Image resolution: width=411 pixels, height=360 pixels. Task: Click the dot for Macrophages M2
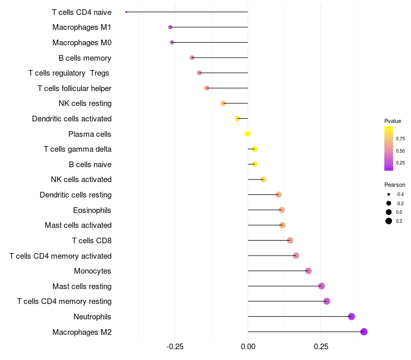point(364,332)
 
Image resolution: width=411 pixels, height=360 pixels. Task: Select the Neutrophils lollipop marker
point(351,316)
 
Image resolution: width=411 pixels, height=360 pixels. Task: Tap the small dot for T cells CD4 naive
point(126,12)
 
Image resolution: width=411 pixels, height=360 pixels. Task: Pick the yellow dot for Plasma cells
point(248,134)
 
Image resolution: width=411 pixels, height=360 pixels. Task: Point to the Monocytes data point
point(308,271)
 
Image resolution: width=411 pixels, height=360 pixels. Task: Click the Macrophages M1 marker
point(170,27)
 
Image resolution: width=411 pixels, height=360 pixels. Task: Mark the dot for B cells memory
point(192,58)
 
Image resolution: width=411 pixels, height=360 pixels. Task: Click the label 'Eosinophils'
point(92,210)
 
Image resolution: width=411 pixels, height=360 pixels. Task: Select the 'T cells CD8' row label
point(91,240)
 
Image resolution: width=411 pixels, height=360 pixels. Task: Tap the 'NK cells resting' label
point(85,103)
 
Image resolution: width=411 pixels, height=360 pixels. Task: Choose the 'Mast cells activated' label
point(78,225)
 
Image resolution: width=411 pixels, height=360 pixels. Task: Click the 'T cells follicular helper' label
point(74,88)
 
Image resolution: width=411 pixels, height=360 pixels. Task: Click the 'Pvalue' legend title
point(393,121)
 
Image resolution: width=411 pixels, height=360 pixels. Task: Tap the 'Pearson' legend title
point(395,185)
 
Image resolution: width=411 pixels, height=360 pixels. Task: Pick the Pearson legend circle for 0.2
point(389,221)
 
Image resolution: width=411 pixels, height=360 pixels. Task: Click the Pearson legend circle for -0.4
point(389,194)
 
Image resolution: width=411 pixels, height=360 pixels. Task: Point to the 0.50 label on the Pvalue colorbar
point(400,151)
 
